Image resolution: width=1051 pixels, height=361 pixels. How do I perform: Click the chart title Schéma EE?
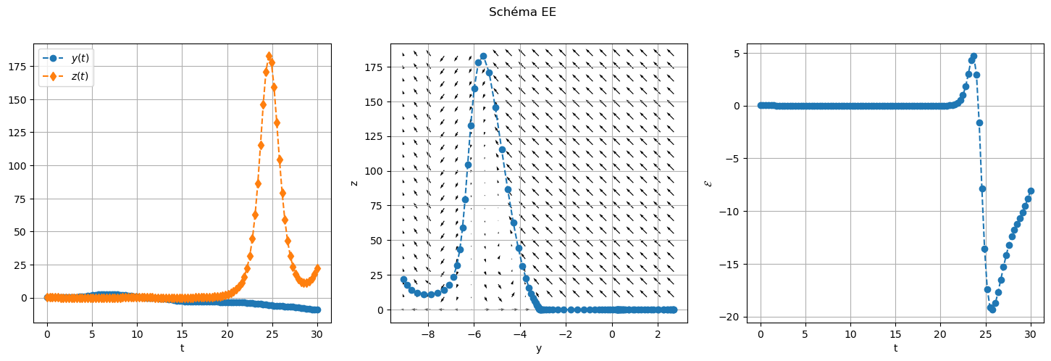tap(522, 12)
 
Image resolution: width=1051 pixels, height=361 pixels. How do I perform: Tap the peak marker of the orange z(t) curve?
tap(269, 56)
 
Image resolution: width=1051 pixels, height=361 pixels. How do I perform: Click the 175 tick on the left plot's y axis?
tap(23, 67)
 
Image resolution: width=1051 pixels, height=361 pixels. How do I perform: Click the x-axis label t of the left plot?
tap(182, 348)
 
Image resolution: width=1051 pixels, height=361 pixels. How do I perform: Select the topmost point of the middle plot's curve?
tap(483, 56)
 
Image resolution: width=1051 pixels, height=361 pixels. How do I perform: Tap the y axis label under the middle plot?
tap(538, 348)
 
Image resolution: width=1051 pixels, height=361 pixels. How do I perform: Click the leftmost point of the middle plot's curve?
tap(403, 279)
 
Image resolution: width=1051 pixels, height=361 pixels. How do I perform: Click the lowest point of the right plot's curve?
tap(992, 310)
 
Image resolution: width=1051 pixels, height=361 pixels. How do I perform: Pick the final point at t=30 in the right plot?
tap(1031, 191)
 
